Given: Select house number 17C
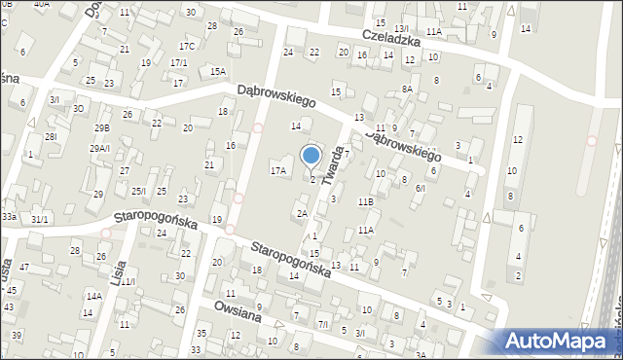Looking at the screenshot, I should click(x=186, y=47).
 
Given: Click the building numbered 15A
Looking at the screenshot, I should click(x=217, y=71).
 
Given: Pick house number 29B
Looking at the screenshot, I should click(x=102, y=128).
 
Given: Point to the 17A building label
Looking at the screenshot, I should click(x=278, y=171).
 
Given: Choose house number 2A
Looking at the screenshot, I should click(x=302, y=213).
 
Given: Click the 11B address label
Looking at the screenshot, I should click(x=365, y=201).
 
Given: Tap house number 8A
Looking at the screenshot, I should click(x=407, y=89).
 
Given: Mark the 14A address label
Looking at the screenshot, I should click(x=93, y=296).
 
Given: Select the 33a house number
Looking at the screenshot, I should click(x=9, y=215).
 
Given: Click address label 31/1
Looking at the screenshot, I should click(x=39, y=220).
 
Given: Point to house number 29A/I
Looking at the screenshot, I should click(x=100, y=148).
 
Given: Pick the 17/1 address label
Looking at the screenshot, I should click(x=178, y=63).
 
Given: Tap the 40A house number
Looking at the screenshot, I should click(x=41, y=4).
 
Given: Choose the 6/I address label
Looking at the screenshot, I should click(x=421, y=188).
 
